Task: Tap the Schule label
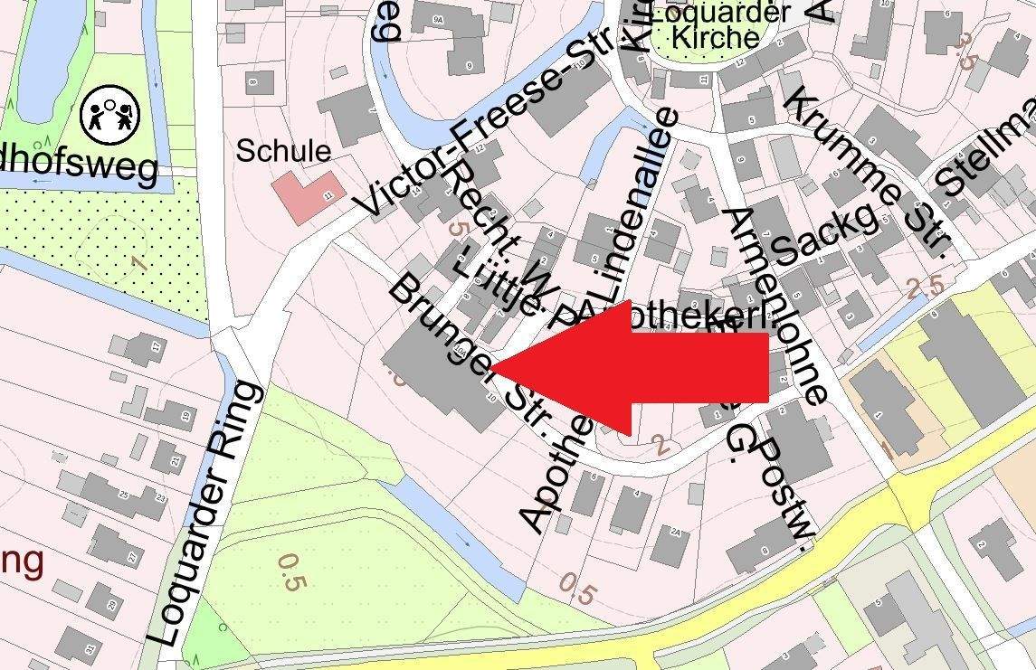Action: click(283, 151)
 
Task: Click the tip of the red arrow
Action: click(494, 366)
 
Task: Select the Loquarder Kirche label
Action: click(718, 25)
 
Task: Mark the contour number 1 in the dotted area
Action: click(138, 262)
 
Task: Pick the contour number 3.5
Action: click(965, 51)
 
